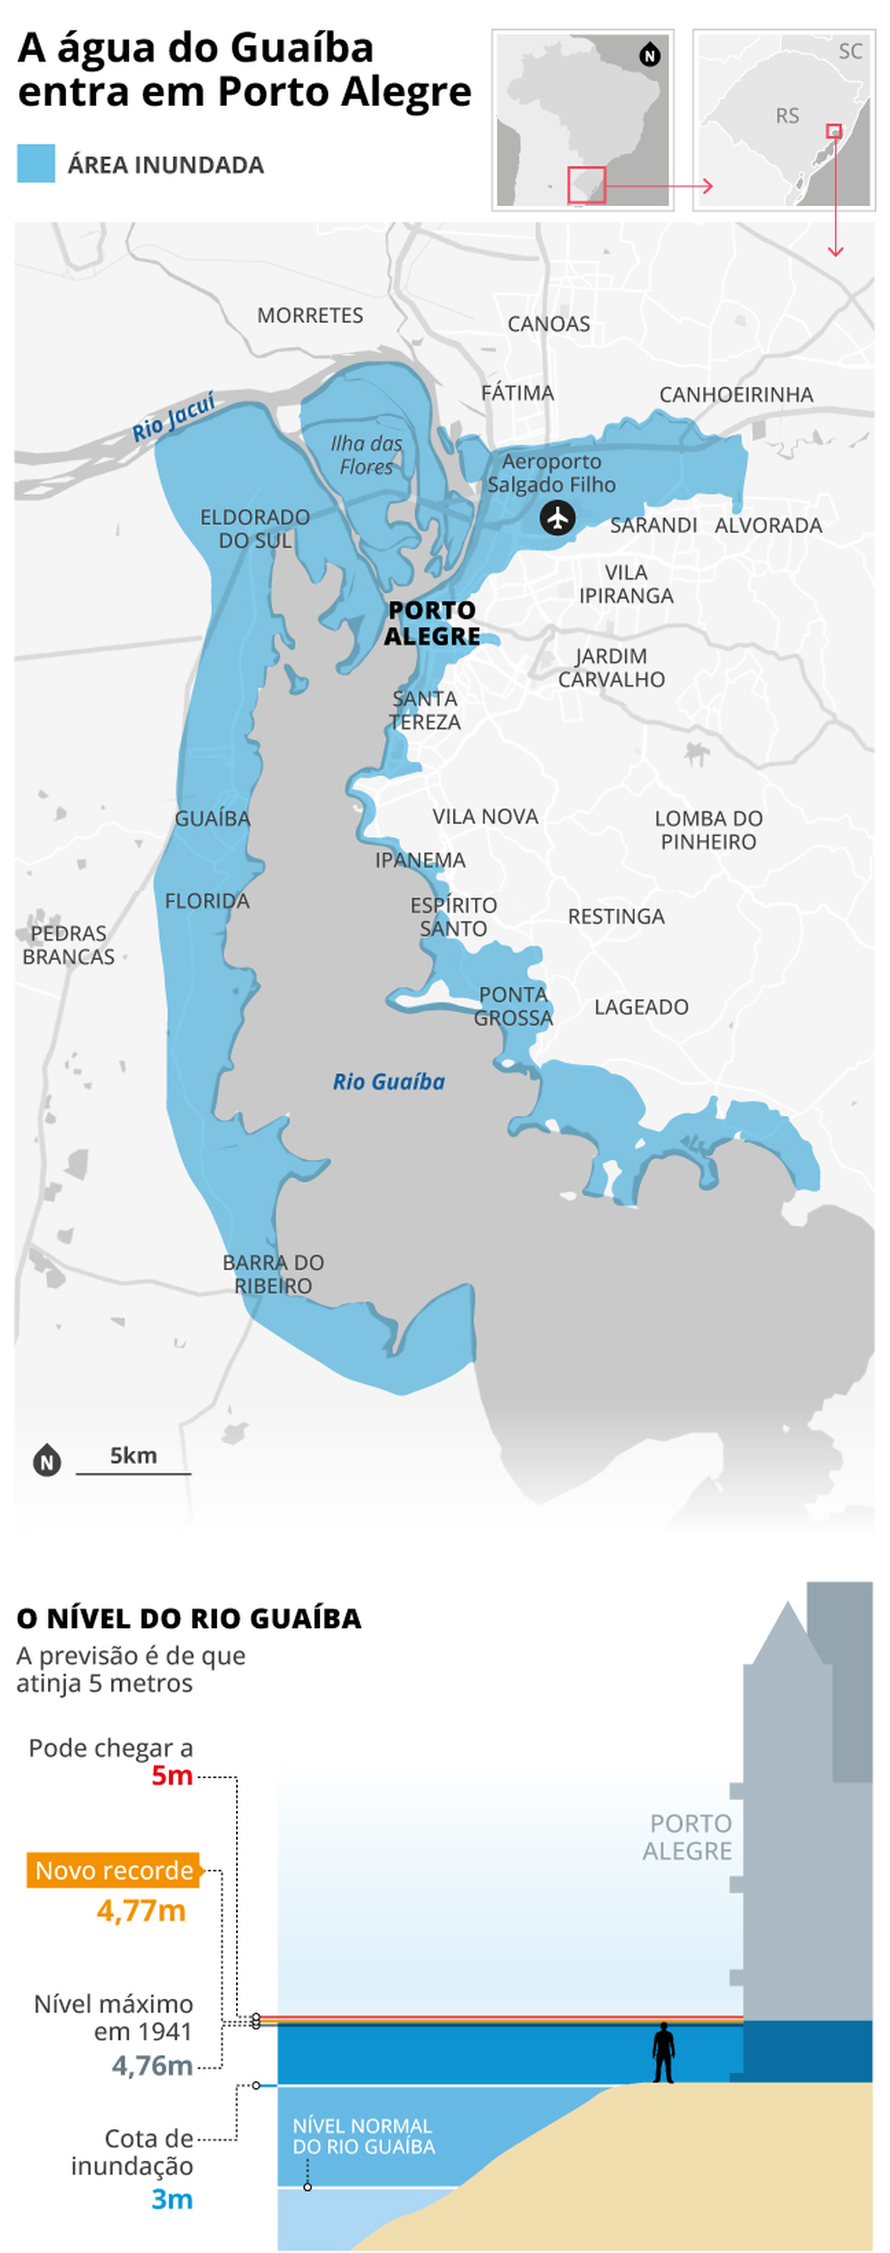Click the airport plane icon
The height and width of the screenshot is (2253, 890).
[557, 518]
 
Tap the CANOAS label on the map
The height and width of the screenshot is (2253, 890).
[548, 324]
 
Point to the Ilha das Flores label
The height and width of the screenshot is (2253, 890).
[366, 455]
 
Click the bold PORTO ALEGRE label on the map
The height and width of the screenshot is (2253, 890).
[431, 623]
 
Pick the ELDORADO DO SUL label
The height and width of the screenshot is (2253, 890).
[254, 528]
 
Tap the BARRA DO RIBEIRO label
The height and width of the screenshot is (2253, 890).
[273, 1273]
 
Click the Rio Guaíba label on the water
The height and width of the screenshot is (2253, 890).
[389, 1081]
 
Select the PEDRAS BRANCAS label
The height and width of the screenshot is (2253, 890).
[68, 945]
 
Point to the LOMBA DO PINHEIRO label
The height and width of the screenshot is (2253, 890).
[708, 829]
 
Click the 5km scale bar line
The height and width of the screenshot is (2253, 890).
[133, 1474]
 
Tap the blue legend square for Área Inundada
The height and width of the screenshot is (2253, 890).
[36, 164]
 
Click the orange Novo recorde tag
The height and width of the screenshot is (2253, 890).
[114, 1870]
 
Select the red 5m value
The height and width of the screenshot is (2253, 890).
[172, 1776]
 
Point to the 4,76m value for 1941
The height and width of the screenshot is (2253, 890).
[152, 2066]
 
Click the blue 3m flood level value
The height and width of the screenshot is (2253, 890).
[172, 2200]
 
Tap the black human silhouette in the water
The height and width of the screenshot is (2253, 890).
[664, 2052]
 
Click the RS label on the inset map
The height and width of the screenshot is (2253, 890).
[787, 116]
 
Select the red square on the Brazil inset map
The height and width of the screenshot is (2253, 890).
[586, 184]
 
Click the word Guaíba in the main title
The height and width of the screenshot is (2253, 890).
[302, 48]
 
